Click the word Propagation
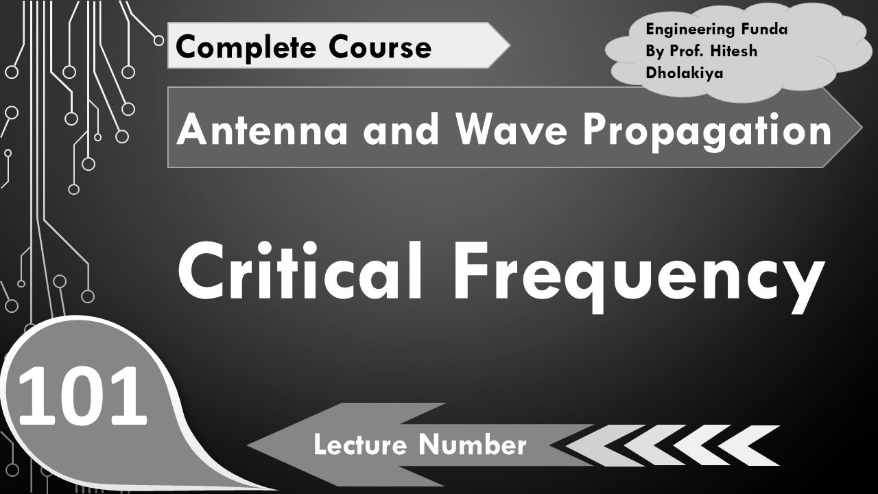(707, 130)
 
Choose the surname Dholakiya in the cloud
(685, 73)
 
